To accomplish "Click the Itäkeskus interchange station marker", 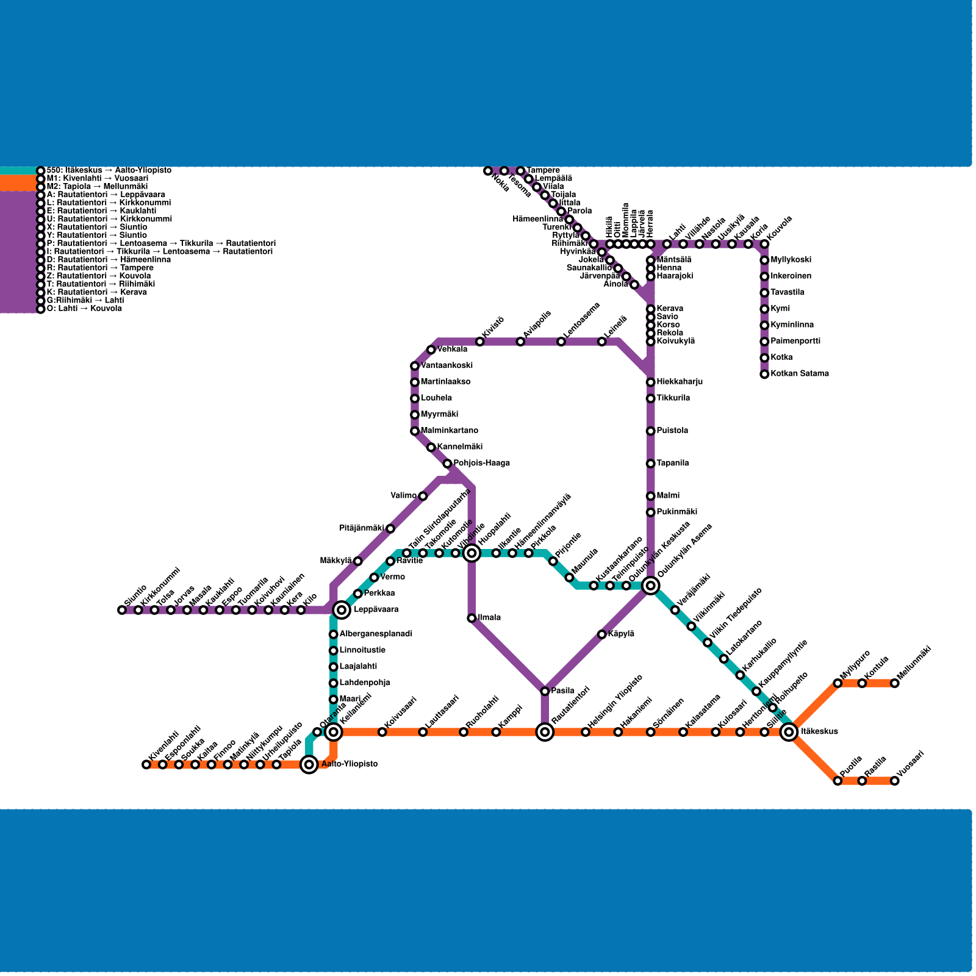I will (789, 731).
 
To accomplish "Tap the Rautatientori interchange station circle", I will (545, 731).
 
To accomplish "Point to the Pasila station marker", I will (545, 691).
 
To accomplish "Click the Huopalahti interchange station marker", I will (472, 553).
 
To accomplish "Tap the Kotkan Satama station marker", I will (764, 374).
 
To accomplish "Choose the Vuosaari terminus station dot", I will (894, 780).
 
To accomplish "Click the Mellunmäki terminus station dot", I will (894, 683).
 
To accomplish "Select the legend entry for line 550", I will (109, 170).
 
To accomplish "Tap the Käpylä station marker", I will (601, 634).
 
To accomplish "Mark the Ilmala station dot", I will (472, 618).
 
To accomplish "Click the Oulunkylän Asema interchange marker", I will (650, 585).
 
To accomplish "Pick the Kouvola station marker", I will (764, 244).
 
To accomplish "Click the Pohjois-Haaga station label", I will (481, 463).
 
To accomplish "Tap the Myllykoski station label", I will (791, 260).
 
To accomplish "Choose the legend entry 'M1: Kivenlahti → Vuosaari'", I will (97, 178).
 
